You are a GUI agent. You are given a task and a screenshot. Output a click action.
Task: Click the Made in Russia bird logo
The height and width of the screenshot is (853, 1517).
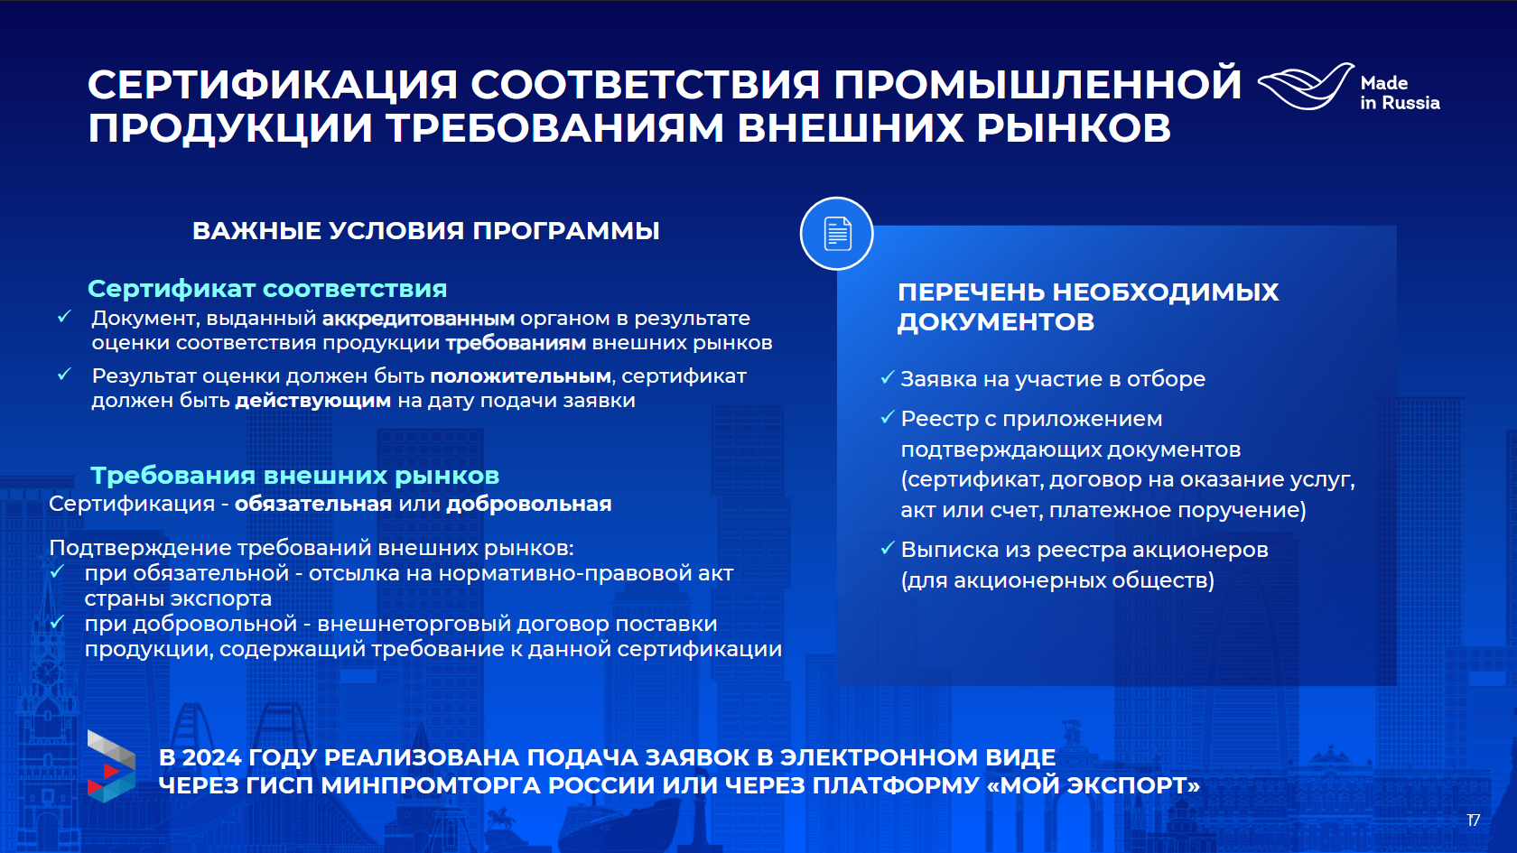click(x=1306, y=86)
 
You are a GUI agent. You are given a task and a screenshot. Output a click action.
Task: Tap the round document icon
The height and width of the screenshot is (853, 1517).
click(x=836, y=234)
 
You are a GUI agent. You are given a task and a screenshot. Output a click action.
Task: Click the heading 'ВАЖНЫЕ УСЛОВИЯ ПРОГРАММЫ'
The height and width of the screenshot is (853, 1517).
click(x=426, y=231)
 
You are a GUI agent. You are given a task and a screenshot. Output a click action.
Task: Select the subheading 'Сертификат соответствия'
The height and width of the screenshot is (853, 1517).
click(x=267, y=289)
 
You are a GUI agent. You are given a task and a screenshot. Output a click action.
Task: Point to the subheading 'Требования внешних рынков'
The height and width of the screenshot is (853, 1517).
click(x=294, y=475)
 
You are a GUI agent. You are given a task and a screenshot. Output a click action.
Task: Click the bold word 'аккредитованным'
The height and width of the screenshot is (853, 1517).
click(x=419, y=318)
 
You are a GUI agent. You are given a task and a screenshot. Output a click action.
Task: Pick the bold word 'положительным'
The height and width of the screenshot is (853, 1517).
click(x=521, y=376)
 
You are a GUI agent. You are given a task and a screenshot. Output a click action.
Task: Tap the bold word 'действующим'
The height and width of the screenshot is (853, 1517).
click(x=312, y=401)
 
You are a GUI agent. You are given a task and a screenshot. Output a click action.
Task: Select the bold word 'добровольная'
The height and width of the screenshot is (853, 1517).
click(x=529, y=504)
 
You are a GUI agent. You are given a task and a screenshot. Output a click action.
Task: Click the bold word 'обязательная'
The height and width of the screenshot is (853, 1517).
click(x=312, y=504)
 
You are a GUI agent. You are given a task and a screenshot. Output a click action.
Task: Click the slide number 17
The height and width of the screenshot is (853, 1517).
click(x=1474, y=821)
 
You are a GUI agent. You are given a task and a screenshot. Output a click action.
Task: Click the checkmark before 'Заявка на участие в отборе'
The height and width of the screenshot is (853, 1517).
click(x=887, y=377)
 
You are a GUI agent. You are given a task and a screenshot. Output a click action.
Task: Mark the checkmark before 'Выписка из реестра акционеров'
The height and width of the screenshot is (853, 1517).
click(x=887, y=549)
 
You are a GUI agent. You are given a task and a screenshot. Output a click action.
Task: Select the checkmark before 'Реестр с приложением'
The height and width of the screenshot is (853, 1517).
click(x=887, y=418)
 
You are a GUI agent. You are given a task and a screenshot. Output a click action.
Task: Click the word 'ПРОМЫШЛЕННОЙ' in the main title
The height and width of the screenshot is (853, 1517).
click(x=1038, y=84)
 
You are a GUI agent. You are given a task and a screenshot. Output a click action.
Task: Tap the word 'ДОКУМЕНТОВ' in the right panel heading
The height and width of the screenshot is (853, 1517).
click(x=995, y=322)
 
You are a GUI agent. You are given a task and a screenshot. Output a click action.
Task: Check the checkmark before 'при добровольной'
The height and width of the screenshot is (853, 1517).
click(x=58, y=622)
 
